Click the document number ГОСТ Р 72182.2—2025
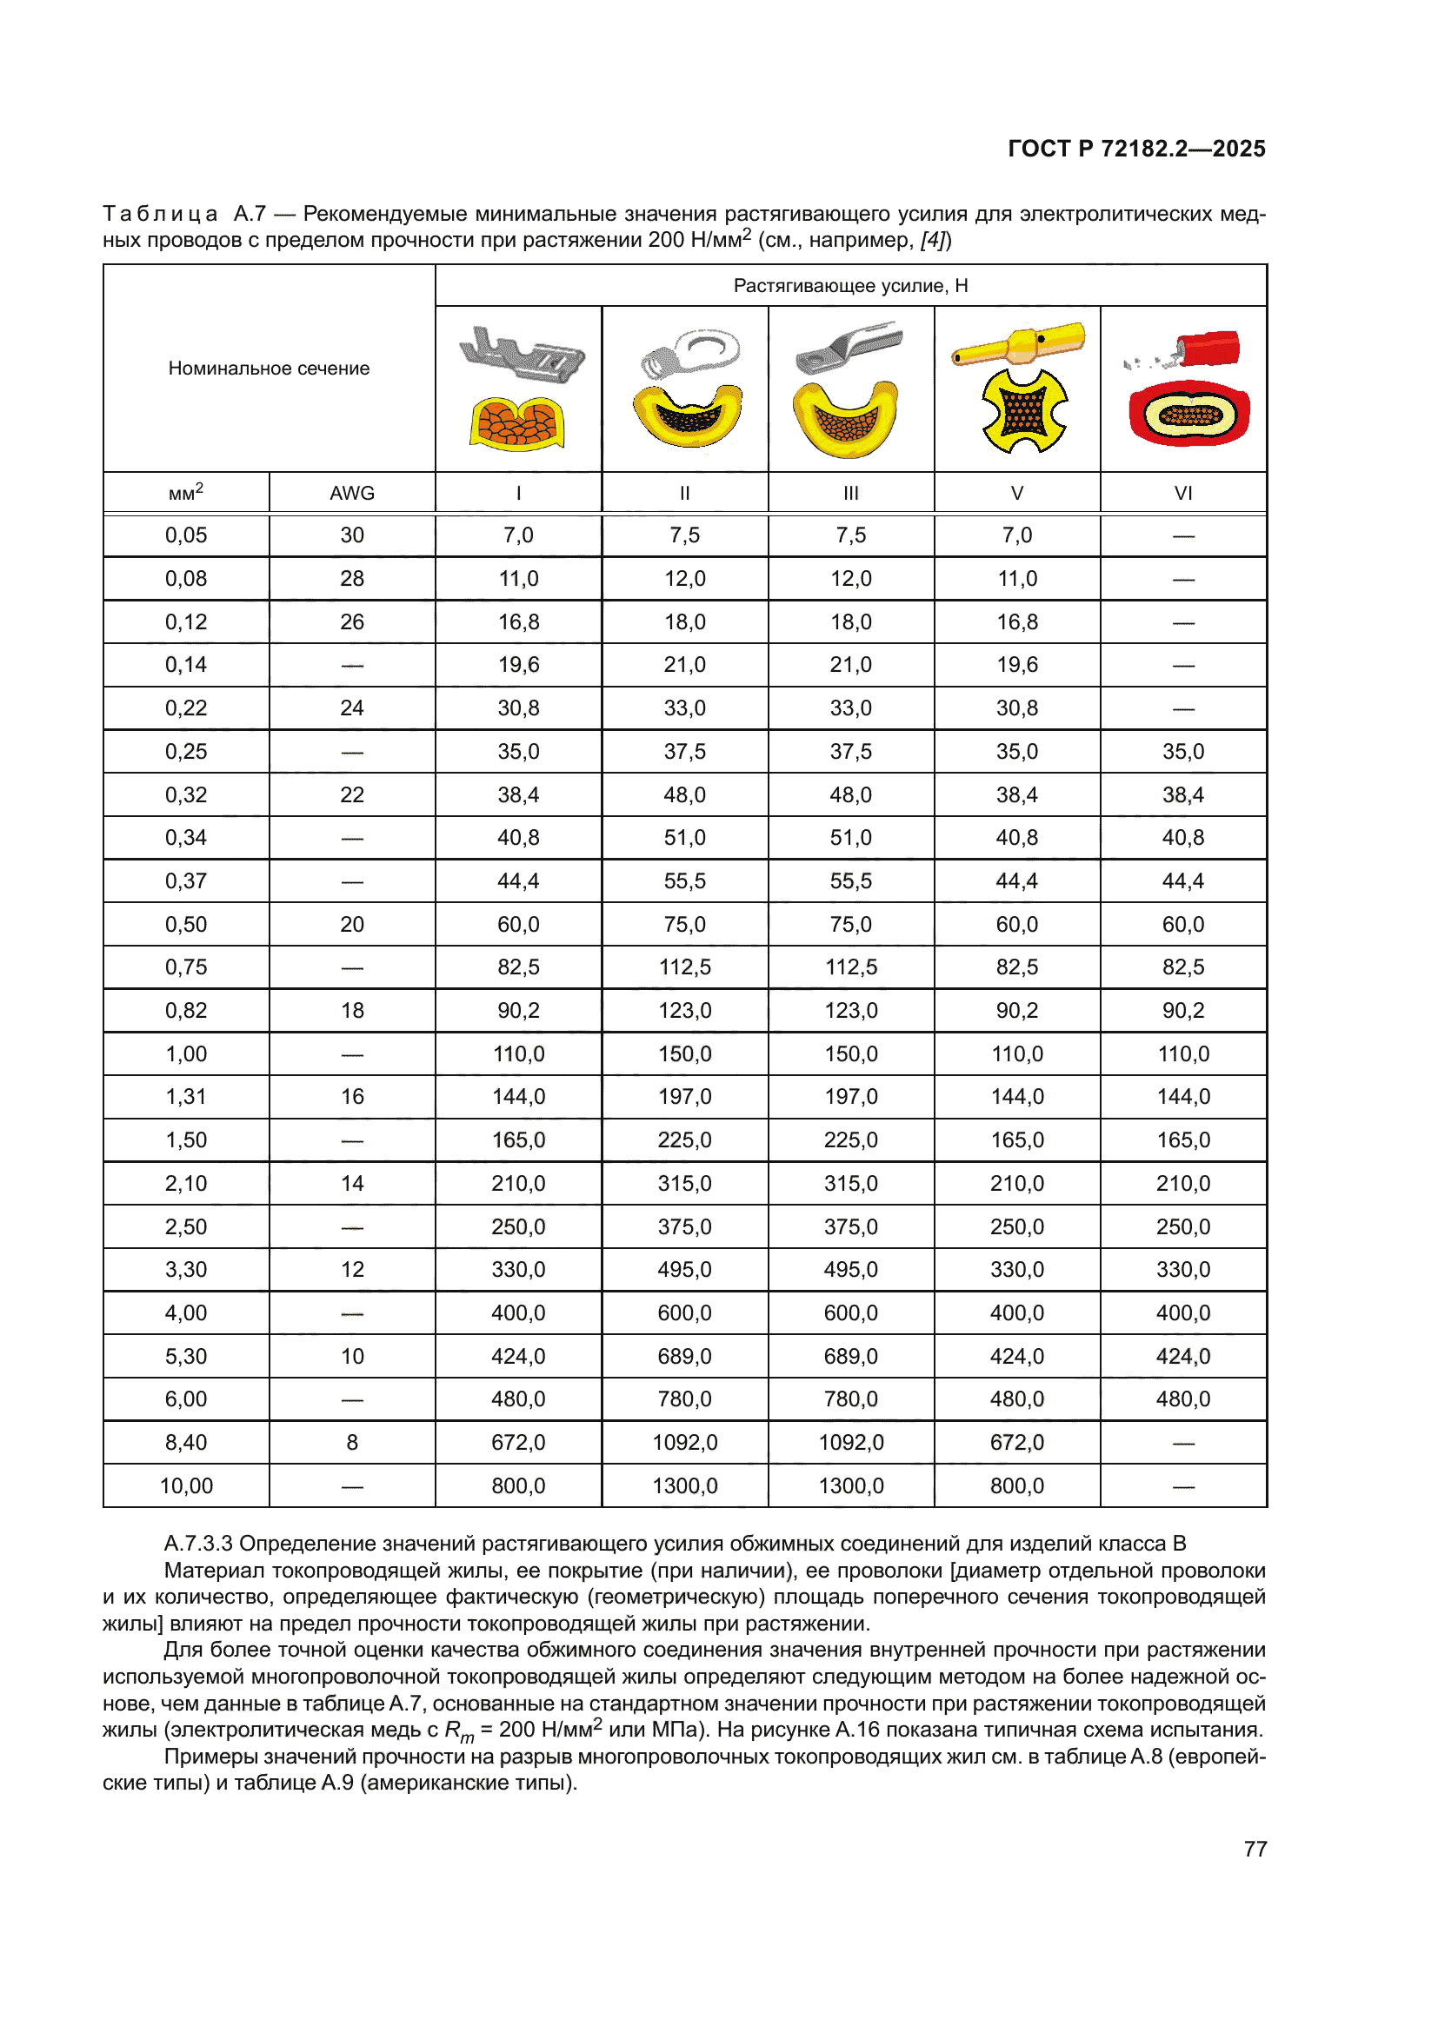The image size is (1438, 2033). [1136, 149]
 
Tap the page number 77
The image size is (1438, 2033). [1255, 1849]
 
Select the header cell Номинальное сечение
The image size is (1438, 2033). [269, 369]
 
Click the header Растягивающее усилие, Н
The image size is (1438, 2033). [850, 286]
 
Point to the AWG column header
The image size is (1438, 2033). [351, 493]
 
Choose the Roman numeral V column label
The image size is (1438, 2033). [1016, 493]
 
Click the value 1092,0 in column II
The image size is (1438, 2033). [684, 1443]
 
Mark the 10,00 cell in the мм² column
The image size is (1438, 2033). [186, 1485]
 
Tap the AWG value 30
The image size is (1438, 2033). [351, 535]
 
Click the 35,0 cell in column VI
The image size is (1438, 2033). [1183, 752]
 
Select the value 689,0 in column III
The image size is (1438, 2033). [851, 1357]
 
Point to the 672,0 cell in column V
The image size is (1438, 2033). [1016, 1443]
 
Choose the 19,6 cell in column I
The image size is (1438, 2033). [518, 665]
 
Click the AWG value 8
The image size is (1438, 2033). [351, 1443]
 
